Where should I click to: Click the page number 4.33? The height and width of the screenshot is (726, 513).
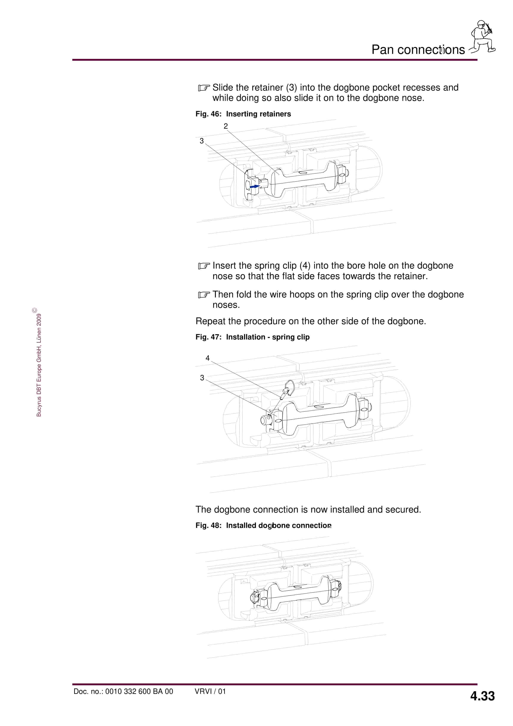(x=482, y=696)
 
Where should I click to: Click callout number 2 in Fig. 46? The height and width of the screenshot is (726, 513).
(x=225, y=126)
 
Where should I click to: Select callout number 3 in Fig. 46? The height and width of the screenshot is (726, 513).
(x=202, y=141)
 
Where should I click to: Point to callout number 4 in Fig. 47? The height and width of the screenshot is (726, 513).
(x=208, y=358)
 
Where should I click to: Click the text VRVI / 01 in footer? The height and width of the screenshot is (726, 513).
(x=210, y=691)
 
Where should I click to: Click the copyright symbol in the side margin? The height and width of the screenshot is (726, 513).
(x=34, y=310)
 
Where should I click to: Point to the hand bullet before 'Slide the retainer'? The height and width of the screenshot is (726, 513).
(x=204, y=88)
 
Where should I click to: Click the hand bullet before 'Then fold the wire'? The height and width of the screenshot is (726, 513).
(x=204, y=295)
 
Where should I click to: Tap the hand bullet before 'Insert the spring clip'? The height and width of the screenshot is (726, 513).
(x=204, y=266)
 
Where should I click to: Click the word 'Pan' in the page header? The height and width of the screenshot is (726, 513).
(x=382, y=50)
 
